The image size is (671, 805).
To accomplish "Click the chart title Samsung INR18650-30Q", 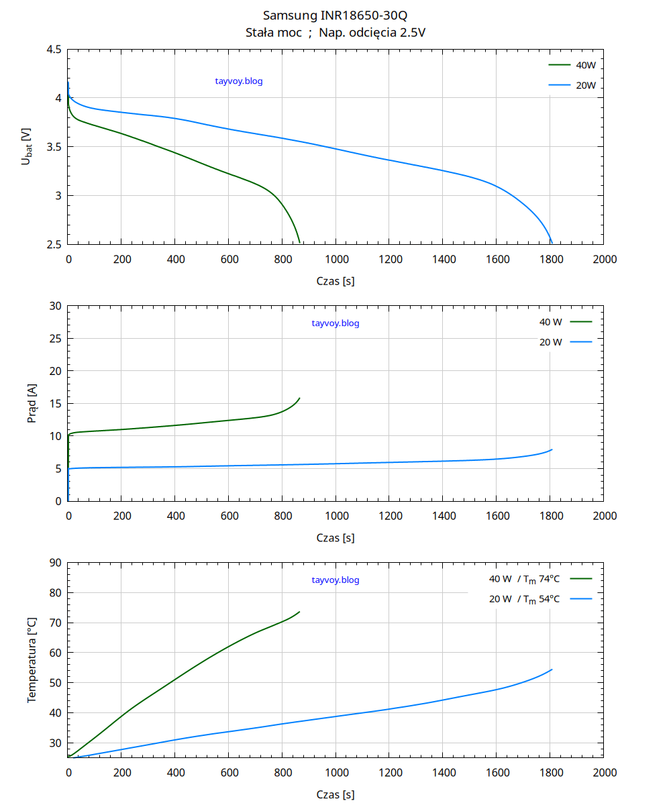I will coord(335,15).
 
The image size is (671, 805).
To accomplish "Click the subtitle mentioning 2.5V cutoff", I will coord(335,32).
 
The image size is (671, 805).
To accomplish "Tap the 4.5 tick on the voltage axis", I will coord(54,50).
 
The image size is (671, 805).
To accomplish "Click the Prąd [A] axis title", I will coord(32,403).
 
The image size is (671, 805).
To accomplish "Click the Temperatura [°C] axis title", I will coord(32,659).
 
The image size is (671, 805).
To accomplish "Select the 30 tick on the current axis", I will coord(56,307).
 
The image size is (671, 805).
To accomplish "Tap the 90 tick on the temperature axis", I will coord(56,563).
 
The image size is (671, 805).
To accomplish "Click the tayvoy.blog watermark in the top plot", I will coord(239,81).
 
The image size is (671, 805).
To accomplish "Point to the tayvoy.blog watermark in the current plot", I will coord(335,323).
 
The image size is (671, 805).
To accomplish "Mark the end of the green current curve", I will coord(299,398).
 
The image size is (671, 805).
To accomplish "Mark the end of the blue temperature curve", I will coord(552,669).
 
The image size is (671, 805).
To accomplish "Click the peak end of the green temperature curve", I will coord(299,612).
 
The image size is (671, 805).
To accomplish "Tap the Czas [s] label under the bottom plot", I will coord(335,795).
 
